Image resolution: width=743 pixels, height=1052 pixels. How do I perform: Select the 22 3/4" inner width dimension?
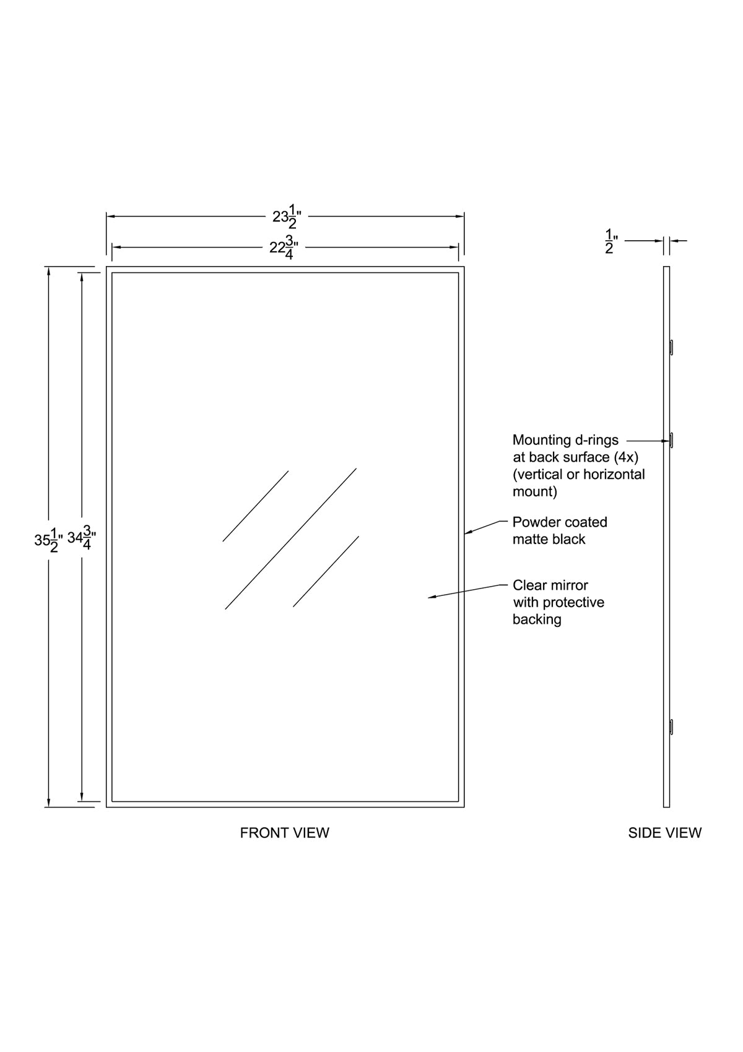[x=284, y=248]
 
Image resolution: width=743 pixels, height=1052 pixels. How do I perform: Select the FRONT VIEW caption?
[x=284, y=833]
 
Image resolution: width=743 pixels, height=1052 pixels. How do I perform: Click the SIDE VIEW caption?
[x=664, y=833]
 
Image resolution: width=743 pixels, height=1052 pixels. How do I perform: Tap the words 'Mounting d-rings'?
[x=565, y=440]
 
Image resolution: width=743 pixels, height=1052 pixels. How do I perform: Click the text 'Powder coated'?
[x=560, y=522]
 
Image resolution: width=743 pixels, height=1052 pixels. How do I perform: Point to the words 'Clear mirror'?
[x=550, y=585]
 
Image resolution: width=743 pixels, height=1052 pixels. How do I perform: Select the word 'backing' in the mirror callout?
[x=537, y=619]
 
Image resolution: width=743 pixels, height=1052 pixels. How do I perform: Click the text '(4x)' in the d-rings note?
[x=626, y=457]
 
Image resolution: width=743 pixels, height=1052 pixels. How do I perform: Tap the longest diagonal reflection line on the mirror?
[x=290, y=538]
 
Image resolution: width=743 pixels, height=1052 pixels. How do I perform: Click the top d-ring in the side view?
[x=671, y=347]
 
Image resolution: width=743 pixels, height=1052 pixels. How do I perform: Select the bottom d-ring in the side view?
[x=671, y=727]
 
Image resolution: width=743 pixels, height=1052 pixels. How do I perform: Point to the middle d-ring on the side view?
[x=671, y=440]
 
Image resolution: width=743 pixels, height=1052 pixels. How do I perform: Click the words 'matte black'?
[x=549, y=540]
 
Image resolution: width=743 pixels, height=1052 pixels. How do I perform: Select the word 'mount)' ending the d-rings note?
[x=535, y=492]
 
